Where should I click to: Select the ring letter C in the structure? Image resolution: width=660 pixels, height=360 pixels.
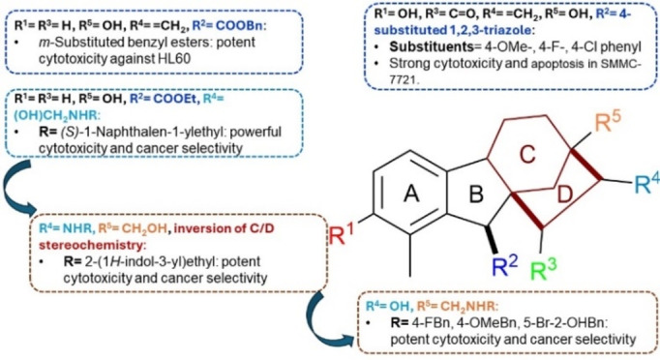point(549,151)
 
